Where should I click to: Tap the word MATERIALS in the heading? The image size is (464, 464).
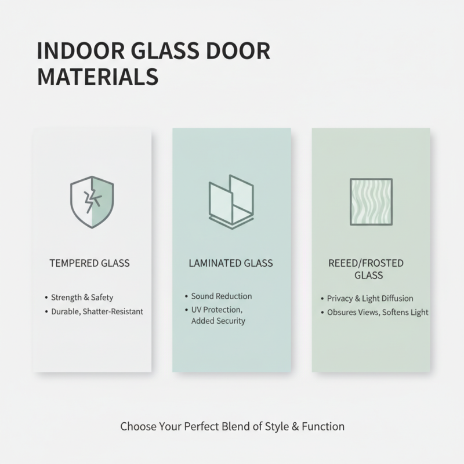[97, 77]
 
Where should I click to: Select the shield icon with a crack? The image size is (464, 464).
[92, 202]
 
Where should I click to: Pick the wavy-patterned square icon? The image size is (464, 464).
[371, 201]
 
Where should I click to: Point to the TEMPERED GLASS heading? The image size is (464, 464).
[90, 263]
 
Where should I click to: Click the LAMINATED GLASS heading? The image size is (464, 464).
[231, 263]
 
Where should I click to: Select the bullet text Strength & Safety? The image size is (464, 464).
[82, 298]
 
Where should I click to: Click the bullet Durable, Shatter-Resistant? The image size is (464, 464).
[97, 311]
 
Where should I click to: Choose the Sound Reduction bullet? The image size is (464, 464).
[222, 296]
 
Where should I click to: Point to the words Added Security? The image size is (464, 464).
[218, 321]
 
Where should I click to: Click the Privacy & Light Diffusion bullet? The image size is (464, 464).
[370, 298]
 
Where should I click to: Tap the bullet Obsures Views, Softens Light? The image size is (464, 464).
[378, 312]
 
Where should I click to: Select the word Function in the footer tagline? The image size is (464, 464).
[323, 426]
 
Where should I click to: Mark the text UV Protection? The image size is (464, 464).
[217, 310]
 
